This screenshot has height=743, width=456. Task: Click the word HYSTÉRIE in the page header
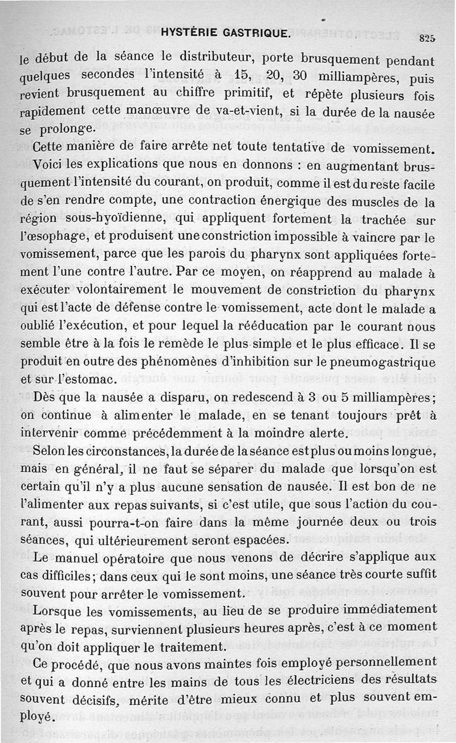[190, 33]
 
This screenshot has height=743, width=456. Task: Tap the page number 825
[427, 39]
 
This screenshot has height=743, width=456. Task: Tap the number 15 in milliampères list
[242, 76]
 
